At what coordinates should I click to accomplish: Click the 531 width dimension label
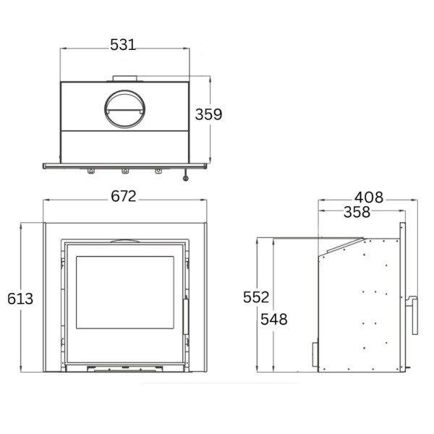(x=123, y=45)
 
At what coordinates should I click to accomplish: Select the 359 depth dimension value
(x=208, y=114)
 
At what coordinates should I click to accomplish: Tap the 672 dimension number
(x=124, y=197)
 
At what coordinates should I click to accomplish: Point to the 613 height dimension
(x=20, y=297)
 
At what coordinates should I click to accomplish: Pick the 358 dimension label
(x=356, y=212)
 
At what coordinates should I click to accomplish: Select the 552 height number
(x=256, y=297)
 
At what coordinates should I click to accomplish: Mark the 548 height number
(x=275, y=319)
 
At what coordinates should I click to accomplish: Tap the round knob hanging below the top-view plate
(x=187, y=176)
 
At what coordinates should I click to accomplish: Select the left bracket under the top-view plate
(x=90, y=171)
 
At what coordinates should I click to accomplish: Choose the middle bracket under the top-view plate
(x=124, y=171)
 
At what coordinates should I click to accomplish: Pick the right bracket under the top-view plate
(x=158, y=171)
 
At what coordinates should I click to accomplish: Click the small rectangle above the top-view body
(x=124, y=77)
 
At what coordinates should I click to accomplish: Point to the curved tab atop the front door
(x=124, y=241)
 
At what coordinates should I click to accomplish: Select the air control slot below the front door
(x=124, y=369)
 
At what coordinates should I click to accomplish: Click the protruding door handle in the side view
(x=414, y=313)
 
